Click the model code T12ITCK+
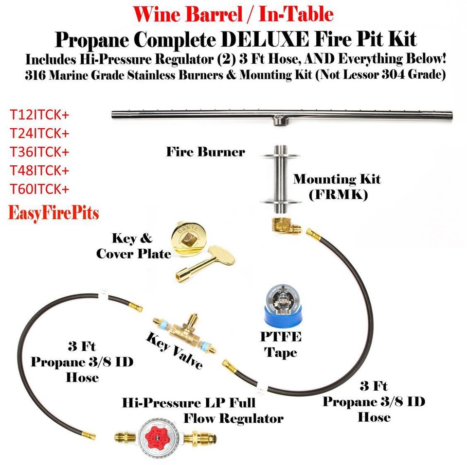click(39, 115)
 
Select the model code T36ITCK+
click(39, 152)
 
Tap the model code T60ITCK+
click(39, 189)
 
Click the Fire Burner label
click(205, 152)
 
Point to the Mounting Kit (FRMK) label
click(337, 187)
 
